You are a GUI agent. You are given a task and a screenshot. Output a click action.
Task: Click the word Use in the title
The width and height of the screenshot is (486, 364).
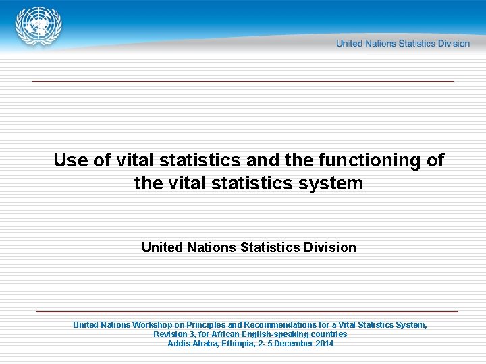pos(69,160)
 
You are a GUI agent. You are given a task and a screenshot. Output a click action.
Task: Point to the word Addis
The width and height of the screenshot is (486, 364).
pos(179,344)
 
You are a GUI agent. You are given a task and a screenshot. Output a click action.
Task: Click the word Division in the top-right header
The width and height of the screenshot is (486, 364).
pos(454,44)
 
